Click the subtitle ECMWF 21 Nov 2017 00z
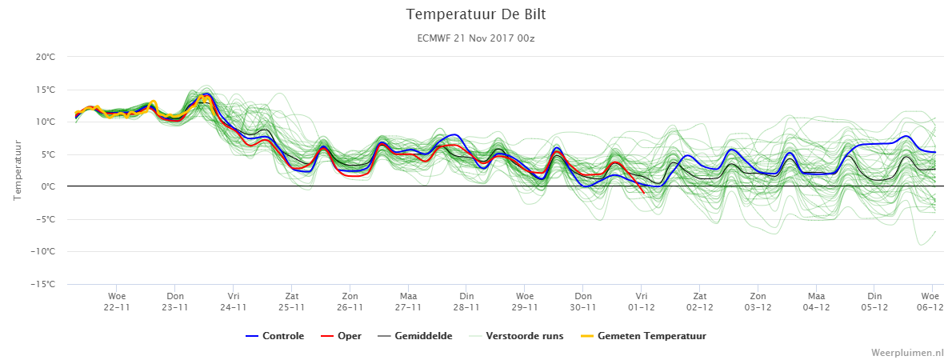[x=476, y=38]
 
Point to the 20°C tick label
[x=46, y=57]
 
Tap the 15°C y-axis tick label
[x=46, y=90]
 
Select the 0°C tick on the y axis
[x=48, y=187]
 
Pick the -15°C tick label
[x=43, y=284]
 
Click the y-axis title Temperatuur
[x=18, y=170]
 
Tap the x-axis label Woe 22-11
[x=117, y=302]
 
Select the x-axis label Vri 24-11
[x=233, y=302]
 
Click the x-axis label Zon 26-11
[x=350, y=302]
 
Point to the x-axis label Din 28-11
[x=466, y=302]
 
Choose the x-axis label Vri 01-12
[x=641, y=302]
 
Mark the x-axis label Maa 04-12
[x=816, y=302]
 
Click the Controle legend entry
[x=275, y=336]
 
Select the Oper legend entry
[x=342, y=336]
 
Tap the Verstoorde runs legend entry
[x=516, y=336]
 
